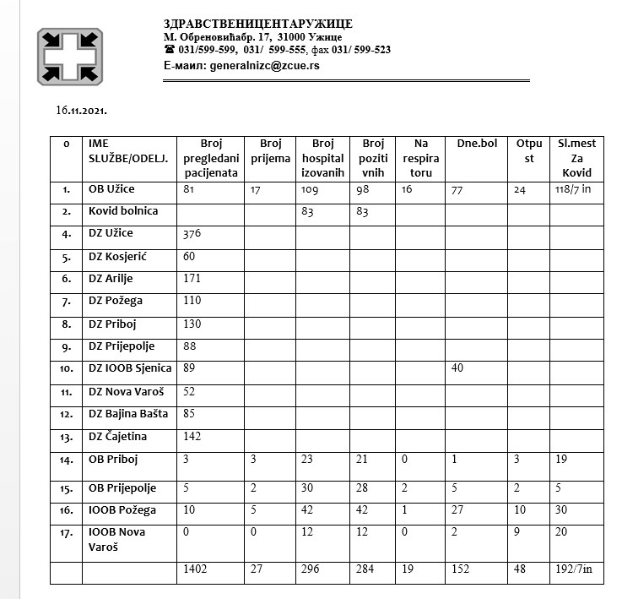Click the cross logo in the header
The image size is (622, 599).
click(70, 56)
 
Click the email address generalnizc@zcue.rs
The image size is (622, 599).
click(252, 65)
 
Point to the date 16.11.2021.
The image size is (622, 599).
click(81, 111)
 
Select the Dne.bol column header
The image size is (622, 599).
click(476, 144)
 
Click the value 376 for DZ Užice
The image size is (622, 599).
click(194, 232)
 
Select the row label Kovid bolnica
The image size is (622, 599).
click(123, 210)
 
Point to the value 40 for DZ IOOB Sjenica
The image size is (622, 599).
click(458, 368)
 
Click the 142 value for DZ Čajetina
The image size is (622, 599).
click(193, 437)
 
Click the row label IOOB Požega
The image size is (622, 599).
click(122, 509)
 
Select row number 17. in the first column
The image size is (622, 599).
click(66, 533)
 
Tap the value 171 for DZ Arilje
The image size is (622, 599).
click(193, 278)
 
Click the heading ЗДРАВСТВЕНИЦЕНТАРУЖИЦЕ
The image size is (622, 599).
click(258, 25)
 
